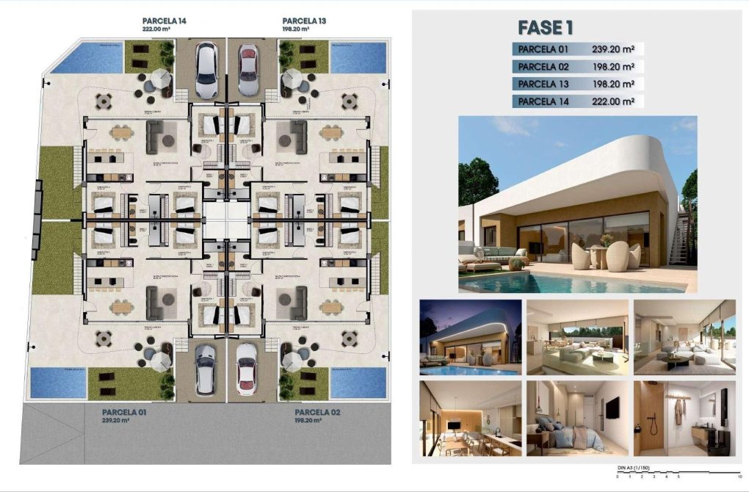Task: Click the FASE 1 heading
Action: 545,28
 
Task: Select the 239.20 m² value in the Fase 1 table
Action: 613,50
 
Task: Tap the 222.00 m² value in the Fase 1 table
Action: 613,101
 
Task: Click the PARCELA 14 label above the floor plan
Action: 164,21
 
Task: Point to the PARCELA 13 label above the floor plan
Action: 304,21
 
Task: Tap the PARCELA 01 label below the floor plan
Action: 124,413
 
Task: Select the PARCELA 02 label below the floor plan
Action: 317,413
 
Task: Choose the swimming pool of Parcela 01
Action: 58,382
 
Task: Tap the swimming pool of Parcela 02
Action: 358,382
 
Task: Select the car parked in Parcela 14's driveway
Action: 206,70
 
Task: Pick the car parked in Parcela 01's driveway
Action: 206,369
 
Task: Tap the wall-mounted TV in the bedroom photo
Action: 611,408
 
